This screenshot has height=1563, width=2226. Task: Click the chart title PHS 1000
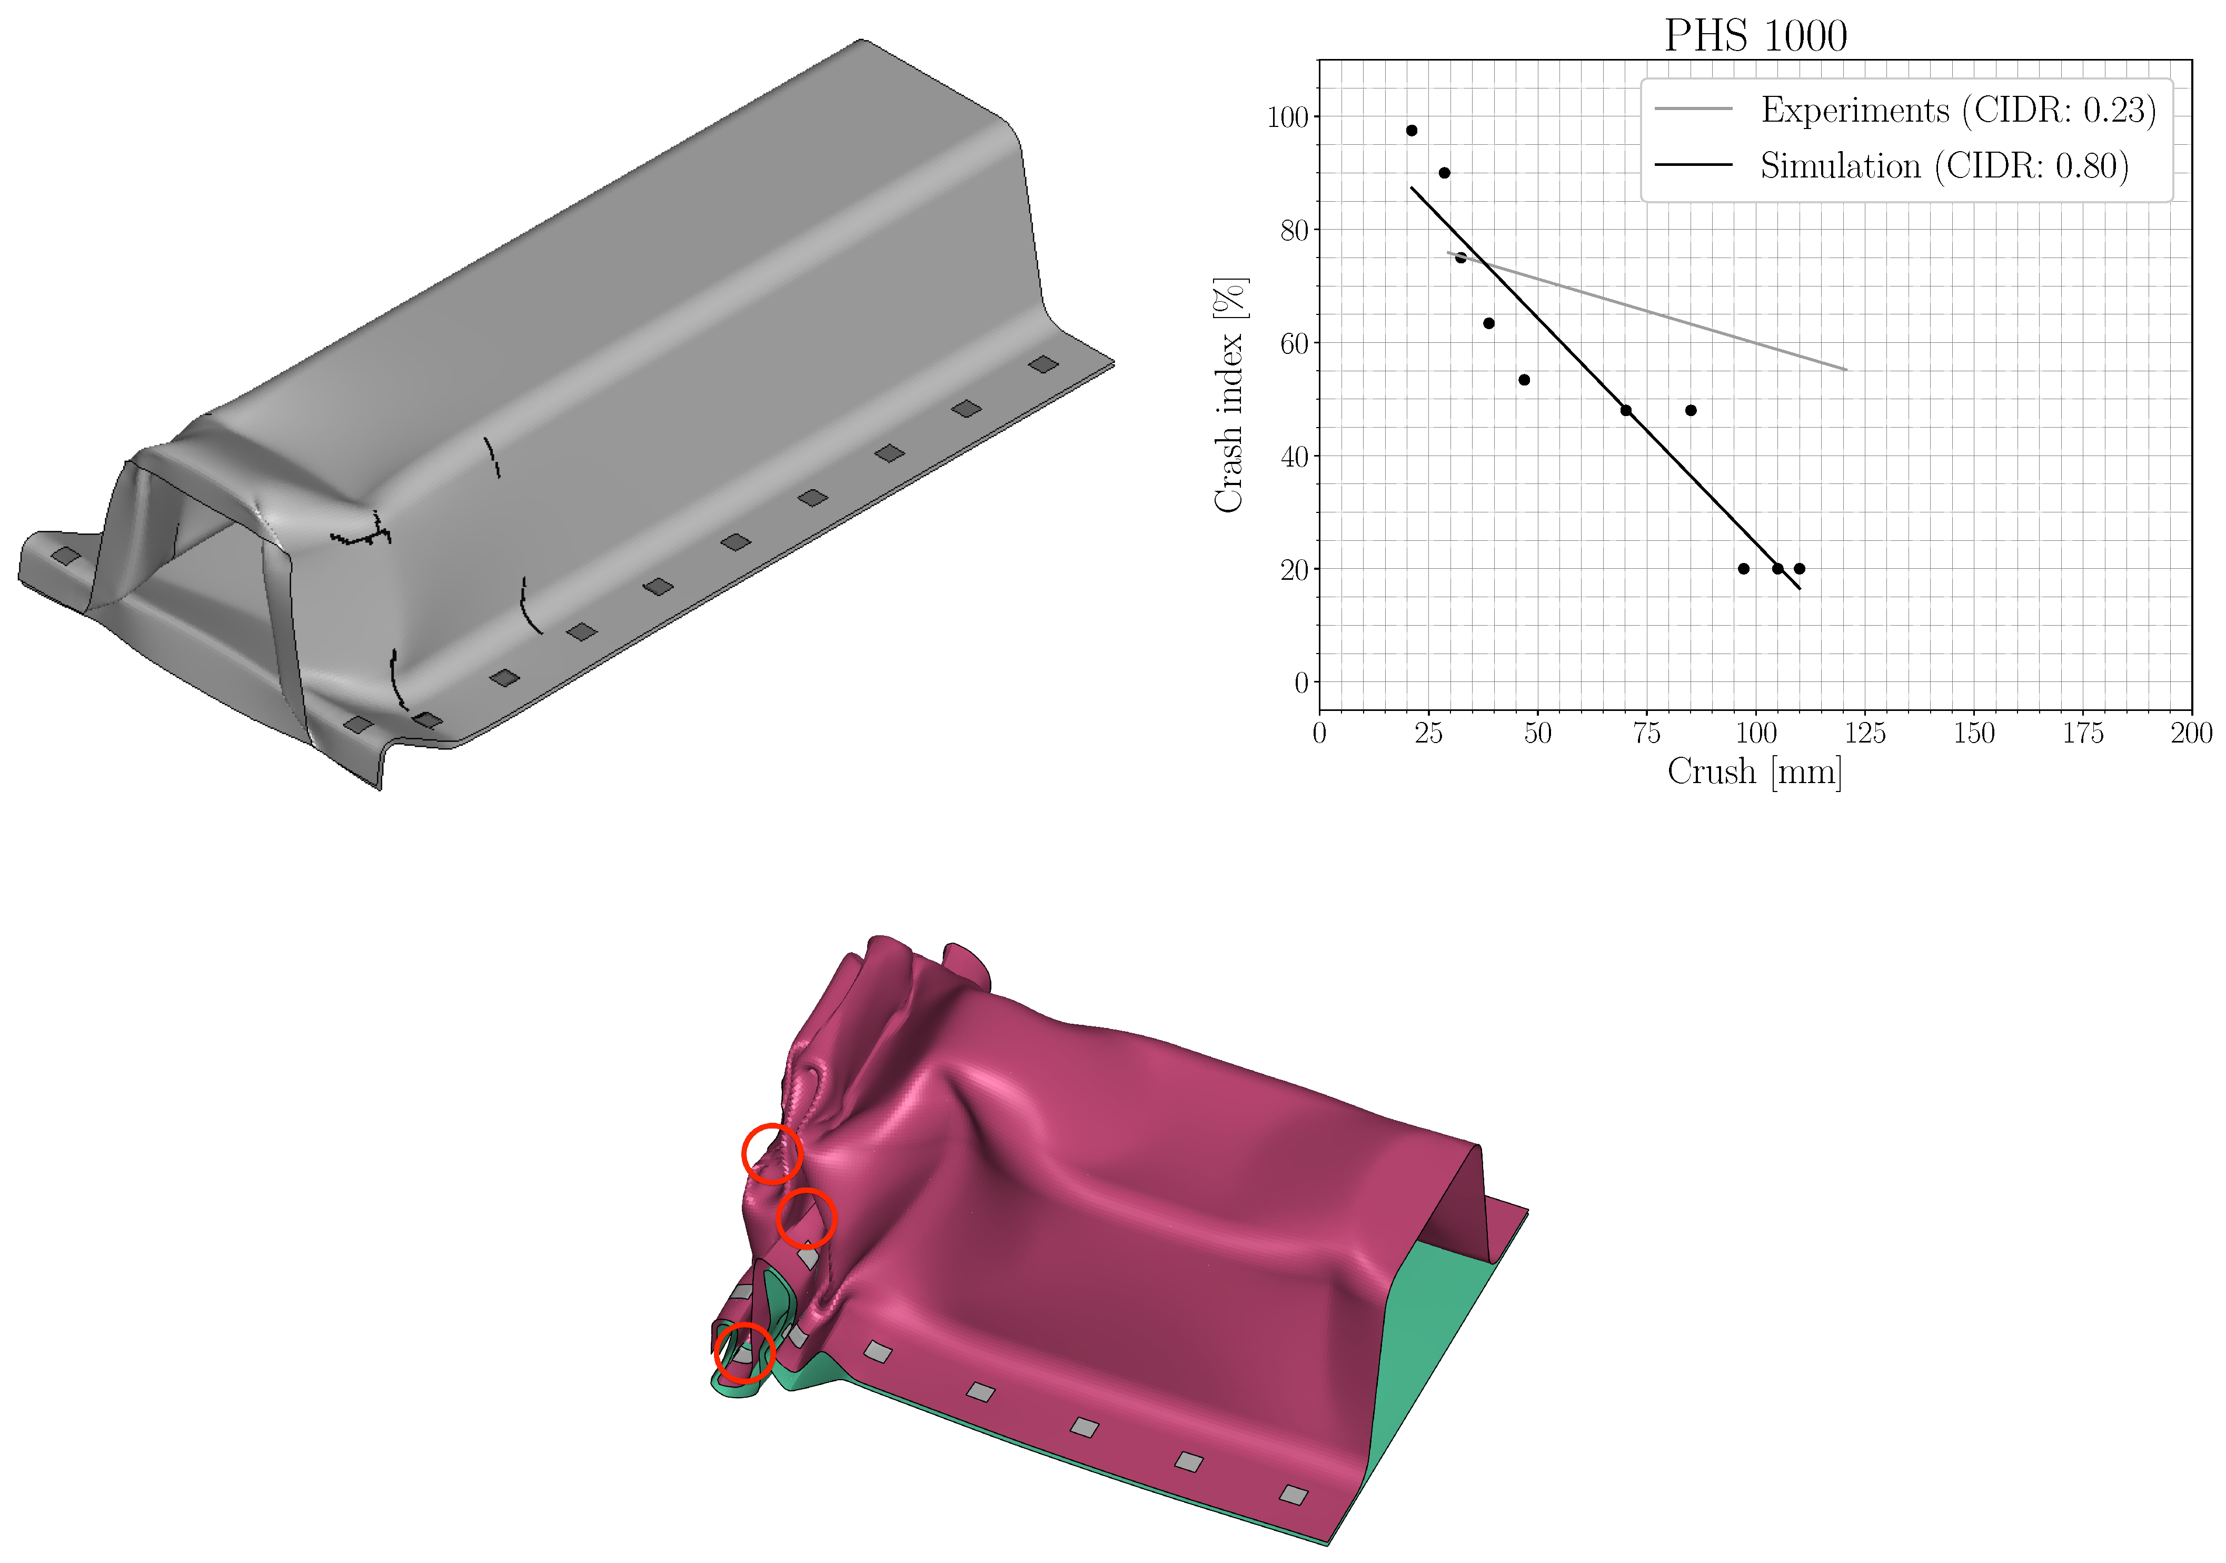pos(1755,36)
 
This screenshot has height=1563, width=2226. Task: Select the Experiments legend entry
pos(1905,110)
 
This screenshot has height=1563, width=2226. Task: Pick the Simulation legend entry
pos(1891,166)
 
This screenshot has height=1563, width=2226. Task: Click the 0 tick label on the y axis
pos(1301,682)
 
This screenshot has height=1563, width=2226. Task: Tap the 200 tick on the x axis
pos(2191,733)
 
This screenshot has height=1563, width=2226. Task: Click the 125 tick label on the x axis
pos(1864,733)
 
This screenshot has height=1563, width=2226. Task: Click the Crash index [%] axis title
pos(1229,394)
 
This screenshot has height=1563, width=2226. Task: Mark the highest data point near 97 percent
pos(1412,130)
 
